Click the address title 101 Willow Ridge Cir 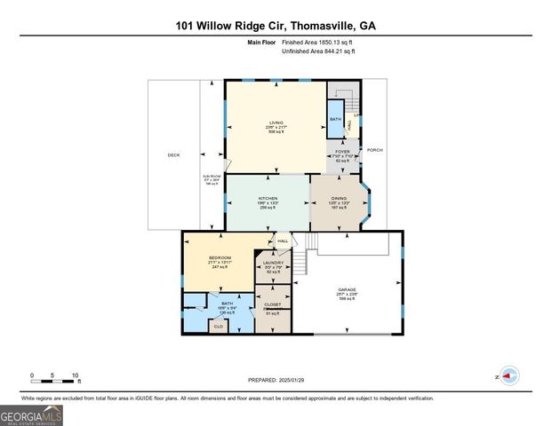coord(276,26)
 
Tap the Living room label coord(276,122)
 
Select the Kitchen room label coord(268,198)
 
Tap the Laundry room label coord(273,264)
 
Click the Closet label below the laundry coord(273,304)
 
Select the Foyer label coord(341,152)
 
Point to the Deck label coord(173,155)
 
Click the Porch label coord(375,149)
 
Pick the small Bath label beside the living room coord(335,119)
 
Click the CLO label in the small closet coord(219,327)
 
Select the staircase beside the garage coord(307,257)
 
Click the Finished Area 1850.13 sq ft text coord(318,43)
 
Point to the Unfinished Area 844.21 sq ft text coord(318,51)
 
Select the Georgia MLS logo coord(31,414)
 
